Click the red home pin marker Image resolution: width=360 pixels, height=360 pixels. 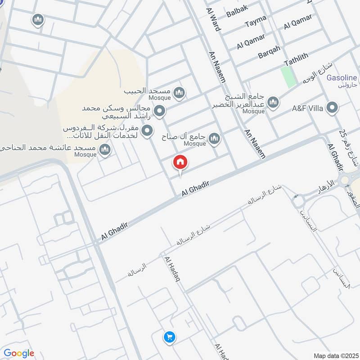[x=180, y=162]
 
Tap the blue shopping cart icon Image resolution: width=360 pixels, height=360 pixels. [x=170, y=337]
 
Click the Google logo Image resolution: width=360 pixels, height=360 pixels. [x=18, y=353]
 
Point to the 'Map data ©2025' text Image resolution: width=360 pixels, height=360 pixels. [x=335, y=355]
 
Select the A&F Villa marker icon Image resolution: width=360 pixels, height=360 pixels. [x=333, y=108]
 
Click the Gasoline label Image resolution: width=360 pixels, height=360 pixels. [x=342, y=78]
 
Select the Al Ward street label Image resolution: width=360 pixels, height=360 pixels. [x=214, y=19]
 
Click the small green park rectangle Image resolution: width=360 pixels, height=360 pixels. [x=289, y=76]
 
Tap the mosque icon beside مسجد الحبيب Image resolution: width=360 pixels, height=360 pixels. [x=180, y=93]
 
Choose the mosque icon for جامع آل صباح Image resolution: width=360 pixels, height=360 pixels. [x=215, y=138]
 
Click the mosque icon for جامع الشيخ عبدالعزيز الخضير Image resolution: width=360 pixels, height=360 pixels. [x=273, y=103]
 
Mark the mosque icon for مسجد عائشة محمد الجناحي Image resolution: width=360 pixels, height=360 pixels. [x=105, y=150]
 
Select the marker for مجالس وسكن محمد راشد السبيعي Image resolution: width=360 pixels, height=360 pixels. [x=159, y=110]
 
